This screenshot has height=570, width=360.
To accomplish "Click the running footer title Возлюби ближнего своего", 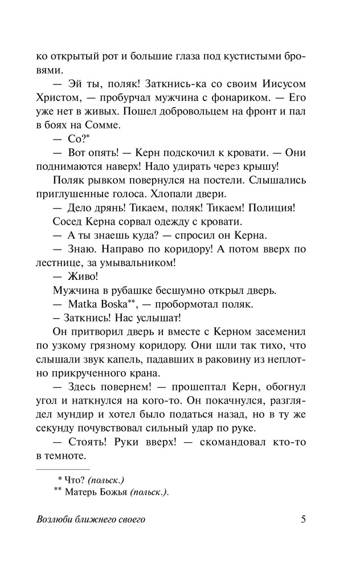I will pos(91,520).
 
